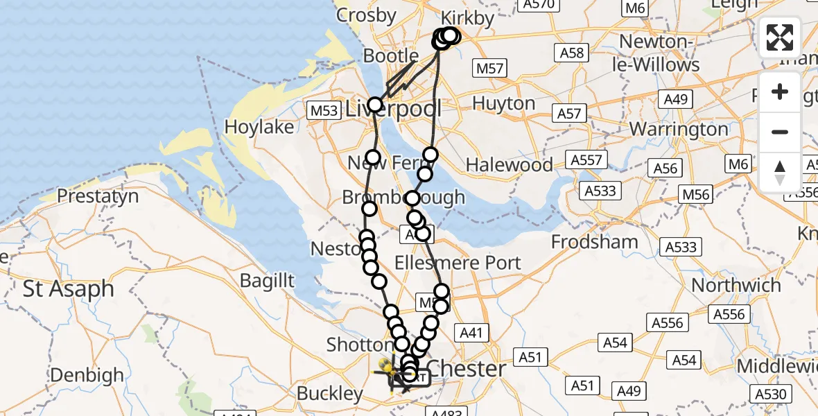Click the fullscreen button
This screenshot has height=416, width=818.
tap(780, 37)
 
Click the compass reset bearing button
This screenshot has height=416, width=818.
tap(780, 173)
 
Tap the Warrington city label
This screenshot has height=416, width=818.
tap(679, 129)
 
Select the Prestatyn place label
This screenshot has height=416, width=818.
tap(98, 196)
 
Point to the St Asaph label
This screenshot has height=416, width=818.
tap(69, 288)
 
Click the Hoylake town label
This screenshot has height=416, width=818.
tap(260, 127)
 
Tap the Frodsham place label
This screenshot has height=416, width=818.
tap(595, 242)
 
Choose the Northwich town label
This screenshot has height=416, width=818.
tap(736, 285)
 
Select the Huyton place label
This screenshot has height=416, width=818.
tap(503, 104)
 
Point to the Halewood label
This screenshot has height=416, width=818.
tap(510, 165)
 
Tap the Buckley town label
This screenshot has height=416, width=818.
tap(330, 394)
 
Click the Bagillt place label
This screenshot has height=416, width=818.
tap(267, 281)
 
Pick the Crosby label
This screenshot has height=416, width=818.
tap(365, 15)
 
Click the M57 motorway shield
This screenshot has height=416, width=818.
tap(490, 68)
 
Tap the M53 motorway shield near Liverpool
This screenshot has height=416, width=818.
tap(324, 110)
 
